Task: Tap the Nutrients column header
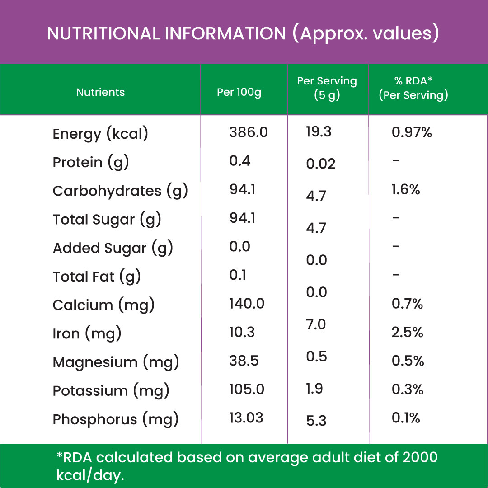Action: [100, 92]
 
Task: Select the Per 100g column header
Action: [239, 92]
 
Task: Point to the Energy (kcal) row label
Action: [100, 134]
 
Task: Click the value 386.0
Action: [249, 132]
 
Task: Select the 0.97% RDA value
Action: [412, 132]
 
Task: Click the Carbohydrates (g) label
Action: [120, 191]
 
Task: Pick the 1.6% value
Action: [406, 189]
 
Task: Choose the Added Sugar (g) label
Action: [113, 249]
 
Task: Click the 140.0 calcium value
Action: [247, 303]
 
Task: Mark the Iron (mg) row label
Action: [87, 334]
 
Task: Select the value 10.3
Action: [242, 332]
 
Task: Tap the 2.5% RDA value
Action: [408, 332]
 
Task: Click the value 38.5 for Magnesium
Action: [244, 361]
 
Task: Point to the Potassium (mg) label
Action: [111, 391]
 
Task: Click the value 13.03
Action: [246, 418]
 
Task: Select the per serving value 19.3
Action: [319, 131]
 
